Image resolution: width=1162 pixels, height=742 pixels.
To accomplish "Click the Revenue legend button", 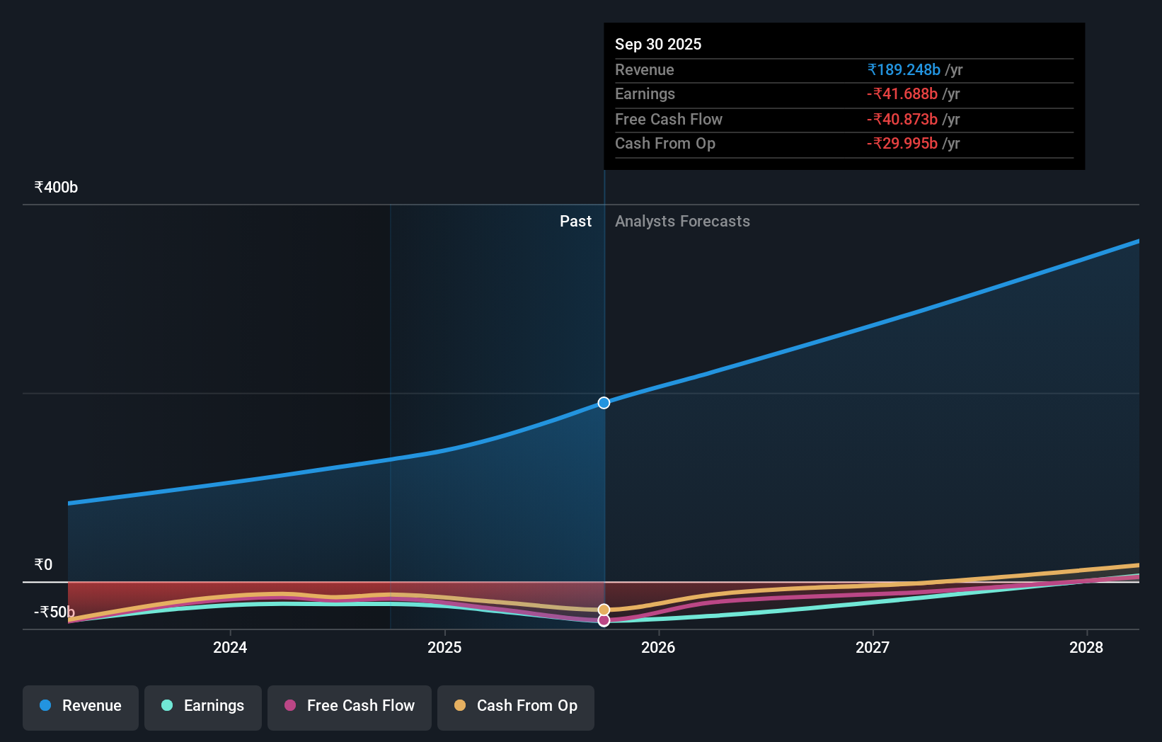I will click(81, 706).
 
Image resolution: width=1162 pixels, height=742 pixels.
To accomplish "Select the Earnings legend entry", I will click(203, 706).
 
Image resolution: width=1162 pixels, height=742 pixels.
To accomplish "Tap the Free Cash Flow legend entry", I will click(350, 706).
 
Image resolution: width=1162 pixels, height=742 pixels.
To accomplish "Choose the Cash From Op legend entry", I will click(516, 706).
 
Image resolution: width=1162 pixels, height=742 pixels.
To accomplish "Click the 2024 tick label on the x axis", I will click(230, 647).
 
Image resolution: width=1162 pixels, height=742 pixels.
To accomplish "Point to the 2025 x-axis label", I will click(444, 647).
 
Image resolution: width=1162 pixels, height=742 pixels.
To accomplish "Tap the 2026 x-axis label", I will click(658, 647).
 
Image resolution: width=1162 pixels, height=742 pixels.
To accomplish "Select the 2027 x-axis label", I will click(873, 647).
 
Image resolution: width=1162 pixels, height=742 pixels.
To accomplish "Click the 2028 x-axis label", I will click(1086, 647).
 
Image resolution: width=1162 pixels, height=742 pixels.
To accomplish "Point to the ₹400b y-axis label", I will click(56, 188).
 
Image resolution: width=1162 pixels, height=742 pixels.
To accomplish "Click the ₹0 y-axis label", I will click(43, 565).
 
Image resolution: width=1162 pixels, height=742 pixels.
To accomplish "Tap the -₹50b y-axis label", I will click(54, 612).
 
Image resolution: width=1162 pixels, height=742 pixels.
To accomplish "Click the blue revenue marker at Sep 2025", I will click(604, 403).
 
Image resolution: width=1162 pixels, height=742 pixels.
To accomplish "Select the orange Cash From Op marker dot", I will click(604, 610).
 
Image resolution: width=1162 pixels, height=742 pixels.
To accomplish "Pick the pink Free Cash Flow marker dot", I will click(604, 620).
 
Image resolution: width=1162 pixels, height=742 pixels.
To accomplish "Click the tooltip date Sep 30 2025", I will click(658, 44).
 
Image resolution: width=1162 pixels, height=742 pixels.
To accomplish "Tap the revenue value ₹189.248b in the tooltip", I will click(904, 69).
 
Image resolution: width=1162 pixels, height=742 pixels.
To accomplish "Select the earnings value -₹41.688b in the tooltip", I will click(902, 94).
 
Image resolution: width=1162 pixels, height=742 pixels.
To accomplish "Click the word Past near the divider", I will click(575, 221).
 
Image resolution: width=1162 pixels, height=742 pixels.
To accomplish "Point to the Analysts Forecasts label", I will click(682, 221).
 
